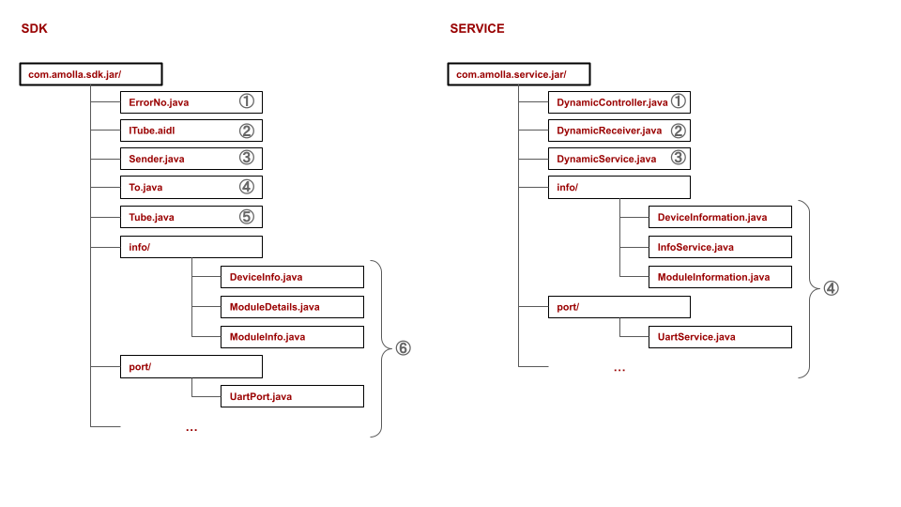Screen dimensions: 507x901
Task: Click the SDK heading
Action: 35,29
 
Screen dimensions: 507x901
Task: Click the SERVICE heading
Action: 477,29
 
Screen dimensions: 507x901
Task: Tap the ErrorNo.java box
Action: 191,101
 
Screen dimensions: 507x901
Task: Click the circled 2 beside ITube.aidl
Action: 246,131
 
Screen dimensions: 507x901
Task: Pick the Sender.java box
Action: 191,159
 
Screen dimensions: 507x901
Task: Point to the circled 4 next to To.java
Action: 246,188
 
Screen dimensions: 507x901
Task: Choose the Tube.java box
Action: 191,217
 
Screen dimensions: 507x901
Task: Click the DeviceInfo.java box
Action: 291,277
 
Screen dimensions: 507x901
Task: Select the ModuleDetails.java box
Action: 291,307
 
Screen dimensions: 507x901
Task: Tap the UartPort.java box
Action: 291,396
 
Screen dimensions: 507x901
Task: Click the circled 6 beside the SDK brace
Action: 403,348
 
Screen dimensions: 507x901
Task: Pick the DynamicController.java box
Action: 618,101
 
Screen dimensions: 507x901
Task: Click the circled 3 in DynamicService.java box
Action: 678,159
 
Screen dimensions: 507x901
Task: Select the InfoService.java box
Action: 720,247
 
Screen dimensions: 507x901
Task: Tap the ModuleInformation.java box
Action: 720,277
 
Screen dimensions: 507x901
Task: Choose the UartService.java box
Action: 720,336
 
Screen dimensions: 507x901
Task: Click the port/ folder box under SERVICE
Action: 618,307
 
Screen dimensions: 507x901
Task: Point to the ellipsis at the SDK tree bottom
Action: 191,429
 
